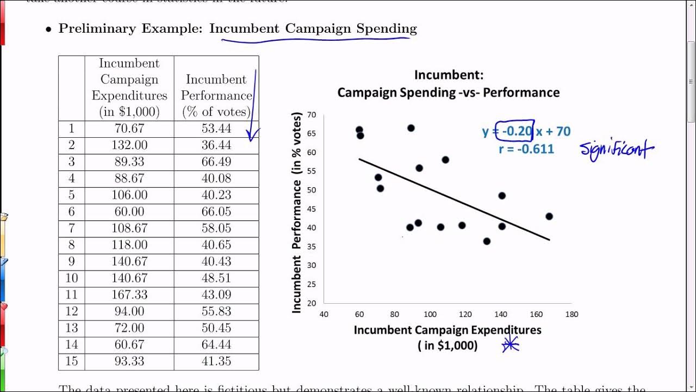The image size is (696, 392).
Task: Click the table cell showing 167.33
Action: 129,295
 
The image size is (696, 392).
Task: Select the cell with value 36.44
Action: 216,145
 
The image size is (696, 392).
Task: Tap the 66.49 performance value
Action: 216,162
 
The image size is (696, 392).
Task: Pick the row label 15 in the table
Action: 71,361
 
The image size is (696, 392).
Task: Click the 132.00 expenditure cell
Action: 129,145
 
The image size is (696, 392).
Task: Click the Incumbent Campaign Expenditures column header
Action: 129,88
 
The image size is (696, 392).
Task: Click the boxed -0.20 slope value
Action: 516,131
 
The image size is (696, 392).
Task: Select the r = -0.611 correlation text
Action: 526,149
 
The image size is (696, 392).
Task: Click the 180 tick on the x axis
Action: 571,314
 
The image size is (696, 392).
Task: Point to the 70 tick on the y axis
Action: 312,114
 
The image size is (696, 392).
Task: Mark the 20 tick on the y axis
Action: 312,303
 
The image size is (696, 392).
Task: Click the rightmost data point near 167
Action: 549,216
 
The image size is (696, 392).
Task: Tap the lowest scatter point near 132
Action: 487,241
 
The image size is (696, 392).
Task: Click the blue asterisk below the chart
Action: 511,345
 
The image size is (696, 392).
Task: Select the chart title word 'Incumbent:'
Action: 449,75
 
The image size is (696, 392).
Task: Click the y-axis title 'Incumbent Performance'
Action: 297,212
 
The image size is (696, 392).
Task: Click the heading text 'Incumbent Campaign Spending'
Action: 313,28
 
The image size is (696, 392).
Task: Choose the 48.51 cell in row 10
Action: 216,278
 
